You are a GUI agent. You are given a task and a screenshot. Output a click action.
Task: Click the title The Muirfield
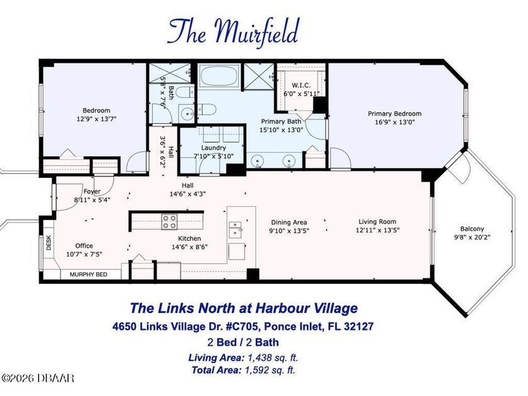coord(233,31)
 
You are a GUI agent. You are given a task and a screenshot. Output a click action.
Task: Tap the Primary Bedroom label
coord(394,114)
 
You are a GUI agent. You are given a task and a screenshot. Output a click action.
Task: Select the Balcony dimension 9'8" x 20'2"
coord(472,238)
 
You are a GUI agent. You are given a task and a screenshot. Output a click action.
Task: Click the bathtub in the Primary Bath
coord(219,76)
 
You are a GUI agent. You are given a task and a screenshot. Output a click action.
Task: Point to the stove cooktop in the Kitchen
coord(169,221)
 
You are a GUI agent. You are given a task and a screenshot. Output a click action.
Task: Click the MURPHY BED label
coord(89,275)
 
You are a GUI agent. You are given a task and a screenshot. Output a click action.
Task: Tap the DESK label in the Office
coord(48,243)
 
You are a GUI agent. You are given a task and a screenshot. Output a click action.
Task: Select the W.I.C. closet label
coord(301,85)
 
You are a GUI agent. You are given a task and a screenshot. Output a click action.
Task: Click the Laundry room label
coord(214,148)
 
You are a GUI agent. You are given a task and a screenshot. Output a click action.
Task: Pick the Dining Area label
coord(289,223)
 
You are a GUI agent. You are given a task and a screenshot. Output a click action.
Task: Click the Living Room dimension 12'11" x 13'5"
coord(378,230)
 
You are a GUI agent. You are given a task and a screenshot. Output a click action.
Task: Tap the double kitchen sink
coord(235,229)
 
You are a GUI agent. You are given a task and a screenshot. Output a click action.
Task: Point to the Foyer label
coord(92,192)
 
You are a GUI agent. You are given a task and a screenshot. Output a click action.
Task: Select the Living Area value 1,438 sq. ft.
coord(273,358)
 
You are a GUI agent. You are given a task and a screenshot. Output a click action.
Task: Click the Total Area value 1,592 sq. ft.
coord(270,370)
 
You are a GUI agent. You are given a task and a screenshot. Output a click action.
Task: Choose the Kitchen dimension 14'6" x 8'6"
coord(190,247)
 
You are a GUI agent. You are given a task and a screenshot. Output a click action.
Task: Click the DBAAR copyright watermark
coord(37,378)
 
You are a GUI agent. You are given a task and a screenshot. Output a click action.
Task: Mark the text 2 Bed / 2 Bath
coord(243,343)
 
